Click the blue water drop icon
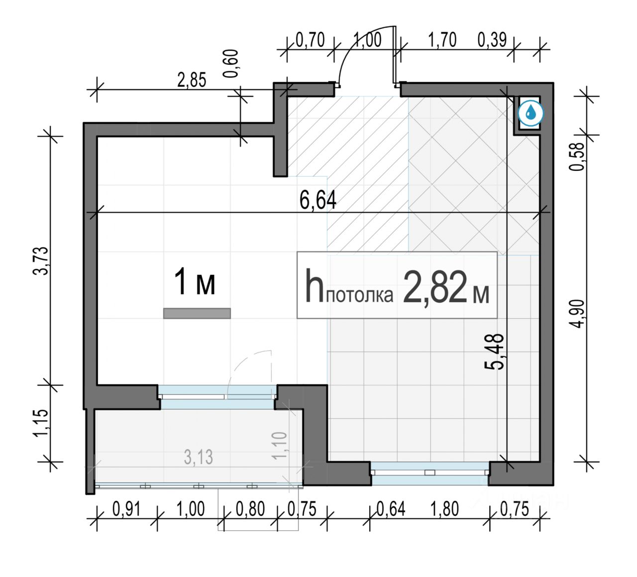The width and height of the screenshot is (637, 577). pos(531,113)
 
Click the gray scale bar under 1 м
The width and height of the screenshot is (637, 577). pos(197,313)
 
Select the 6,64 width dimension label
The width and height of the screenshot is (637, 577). pos(318,201)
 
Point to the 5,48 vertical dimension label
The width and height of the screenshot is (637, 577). pos(495,351)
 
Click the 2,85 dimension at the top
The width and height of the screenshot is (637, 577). pos(192,80)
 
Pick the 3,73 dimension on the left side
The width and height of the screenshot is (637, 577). pos(42,260)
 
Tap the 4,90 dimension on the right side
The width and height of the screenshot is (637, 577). pos(576,313)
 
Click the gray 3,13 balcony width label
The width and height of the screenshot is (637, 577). pos(199,457)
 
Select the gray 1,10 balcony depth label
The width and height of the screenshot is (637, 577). pos(280,445)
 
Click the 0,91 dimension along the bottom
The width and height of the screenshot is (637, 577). pos(126,509)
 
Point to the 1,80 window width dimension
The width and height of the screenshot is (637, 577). pos(444,509)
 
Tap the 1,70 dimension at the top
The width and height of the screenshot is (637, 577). pos(442,40)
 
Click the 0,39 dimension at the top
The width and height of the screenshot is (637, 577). pos(492,40)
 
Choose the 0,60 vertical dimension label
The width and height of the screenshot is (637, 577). pos(231,64)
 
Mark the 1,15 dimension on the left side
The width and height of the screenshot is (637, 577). pos(42,424)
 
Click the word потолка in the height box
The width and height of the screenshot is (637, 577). pos(359,296)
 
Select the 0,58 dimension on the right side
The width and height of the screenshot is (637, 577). pos(576,156)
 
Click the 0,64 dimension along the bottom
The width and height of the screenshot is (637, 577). pos(391,509)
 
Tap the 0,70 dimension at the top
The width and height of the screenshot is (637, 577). pos(310,40)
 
